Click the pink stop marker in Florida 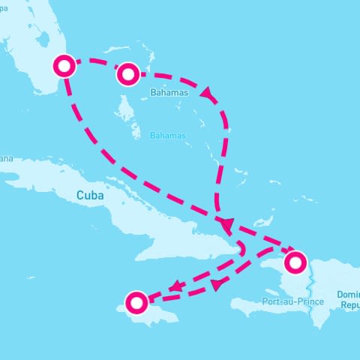(x=66, y=66)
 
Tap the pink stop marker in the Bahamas (x=127, y=73)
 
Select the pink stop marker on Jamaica (x=136, y=303)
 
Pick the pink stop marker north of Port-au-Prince (x=295, y=262)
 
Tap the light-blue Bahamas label (x=166, y=136)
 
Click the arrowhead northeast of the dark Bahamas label (x=206, y=91)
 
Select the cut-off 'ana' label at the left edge (x=6, y=158)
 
